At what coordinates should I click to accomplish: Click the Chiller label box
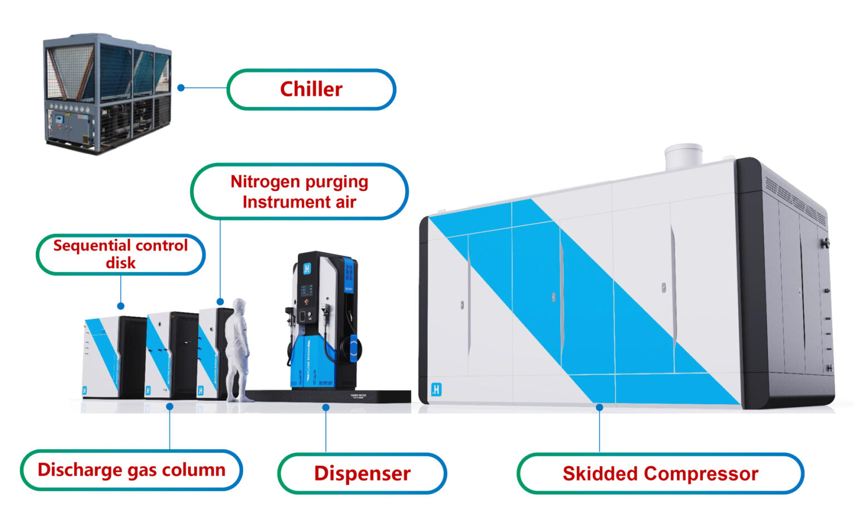(311, 89)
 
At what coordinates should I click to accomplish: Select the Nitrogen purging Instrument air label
(299, 191)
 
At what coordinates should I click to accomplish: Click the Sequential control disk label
(120, 254)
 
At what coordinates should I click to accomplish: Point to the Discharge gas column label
(131, 470)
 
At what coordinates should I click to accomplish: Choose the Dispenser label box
(362, 474)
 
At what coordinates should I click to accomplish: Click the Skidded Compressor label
(660, 474)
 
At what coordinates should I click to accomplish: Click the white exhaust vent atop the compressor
(683, 156)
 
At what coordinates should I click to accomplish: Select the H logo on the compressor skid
(436, 390)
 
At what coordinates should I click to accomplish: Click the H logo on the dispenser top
(307, 269)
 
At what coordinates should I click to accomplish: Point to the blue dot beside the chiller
(181, 87)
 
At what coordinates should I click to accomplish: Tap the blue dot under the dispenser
(326, 408)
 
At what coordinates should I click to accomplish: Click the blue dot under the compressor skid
(600, 407)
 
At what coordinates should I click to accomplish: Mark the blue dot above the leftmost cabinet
(121, 306)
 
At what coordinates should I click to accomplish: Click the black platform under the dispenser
(334, 396)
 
